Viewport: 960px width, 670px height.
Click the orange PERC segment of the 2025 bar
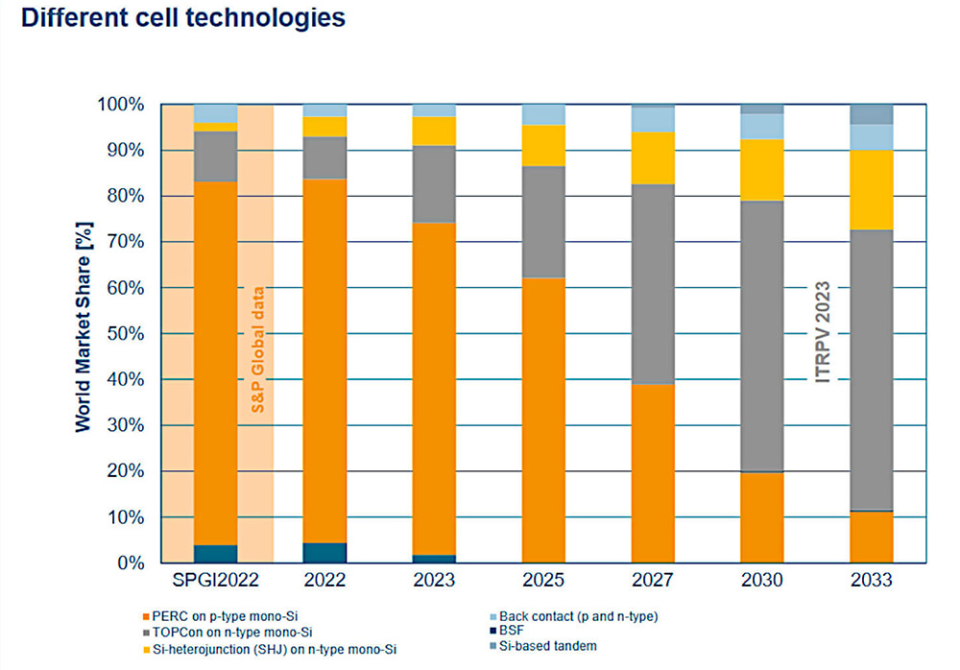(x=544, y=419)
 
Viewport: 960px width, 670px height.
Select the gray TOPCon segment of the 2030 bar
(x=762, y=336)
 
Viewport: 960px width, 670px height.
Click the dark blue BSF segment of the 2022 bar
(x=324, y=552)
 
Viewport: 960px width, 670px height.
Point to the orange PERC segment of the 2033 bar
(x=872, y=537)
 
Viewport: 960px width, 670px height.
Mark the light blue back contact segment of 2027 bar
(x=653, y=119)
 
